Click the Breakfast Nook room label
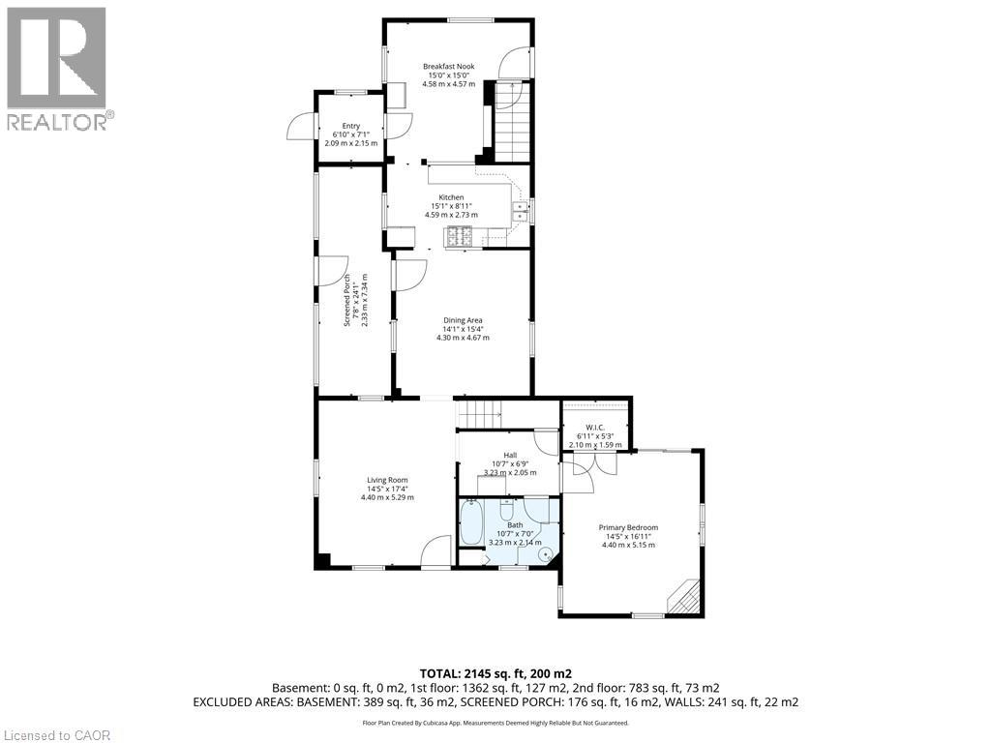pos(448,67)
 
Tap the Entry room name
pos(350,126)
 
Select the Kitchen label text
pos(451,197)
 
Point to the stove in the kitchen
pos(458,235)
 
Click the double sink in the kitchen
pos(519,210)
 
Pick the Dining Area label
pos(463,320)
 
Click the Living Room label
pos(387,480)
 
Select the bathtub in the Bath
pos(472,522)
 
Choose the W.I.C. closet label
pos(595,428)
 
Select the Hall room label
pos(509,455)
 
